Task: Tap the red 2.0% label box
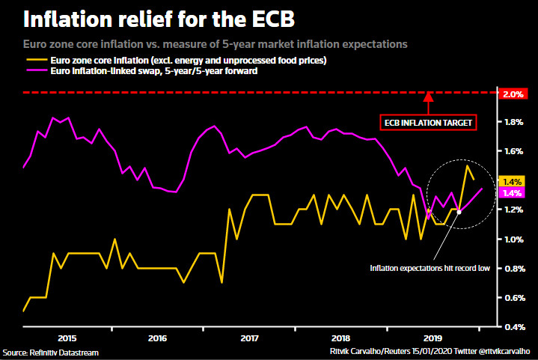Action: (513, 94)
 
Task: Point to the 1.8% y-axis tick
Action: (513, 122)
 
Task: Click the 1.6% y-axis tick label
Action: (513, 151)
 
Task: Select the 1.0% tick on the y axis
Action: (513, 240)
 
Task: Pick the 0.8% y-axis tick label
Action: (513, 269)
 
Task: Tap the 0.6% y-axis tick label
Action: (513, 298)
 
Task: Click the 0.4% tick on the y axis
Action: (513, 327)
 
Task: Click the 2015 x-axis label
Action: (67, 338)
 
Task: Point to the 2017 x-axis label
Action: (250, 338)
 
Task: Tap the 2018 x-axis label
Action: (341, 338)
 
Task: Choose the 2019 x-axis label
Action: (432, 338)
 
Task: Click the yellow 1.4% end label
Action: (513, 181)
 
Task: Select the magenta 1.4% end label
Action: (513, 193)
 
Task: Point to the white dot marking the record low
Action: (459, 212)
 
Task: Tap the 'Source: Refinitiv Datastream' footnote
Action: (50, 352)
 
